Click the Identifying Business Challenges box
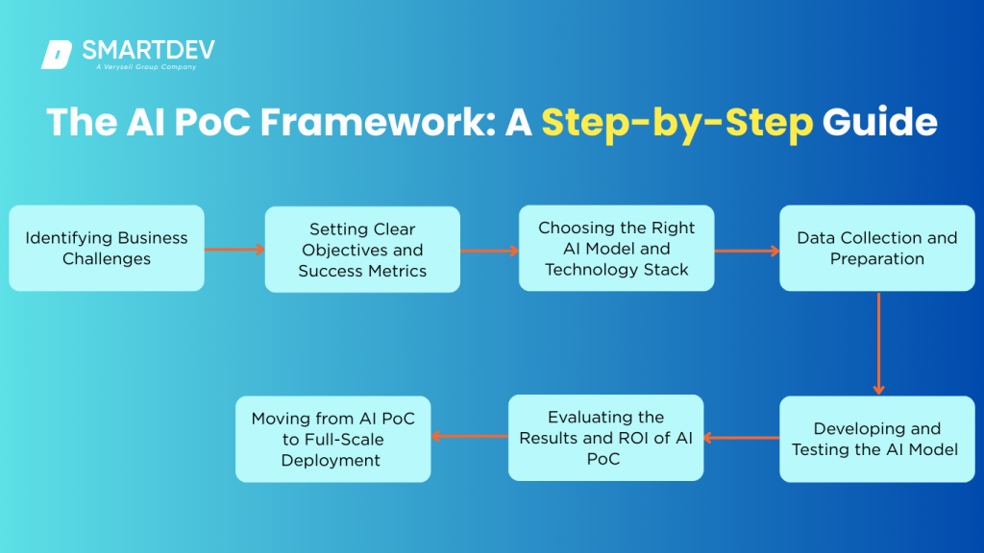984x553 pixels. pyautogui.click(x=107, y=248)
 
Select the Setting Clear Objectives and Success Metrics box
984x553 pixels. pyautogui.click(x=362, y=250)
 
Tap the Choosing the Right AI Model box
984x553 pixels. pyautogui.click(x=617, y=248)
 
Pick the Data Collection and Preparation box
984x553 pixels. pyautogui.click(x=876, y=248)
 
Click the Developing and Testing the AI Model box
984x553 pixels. pyautogui.click(x=876, y=439)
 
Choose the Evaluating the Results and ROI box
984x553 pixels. pyautogui.click(x=605, y=438)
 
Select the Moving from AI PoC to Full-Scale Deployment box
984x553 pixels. pyautogui.click(x=332, y=439)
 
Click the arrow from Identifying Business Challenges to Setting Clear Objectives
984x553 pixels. pyautogui.click(x=234, y=250)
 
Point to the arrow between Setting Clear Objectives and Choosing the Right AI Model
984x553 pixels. pyautogui.click(x=489, y=251)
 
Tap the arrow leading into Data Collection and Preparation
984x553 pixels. pyautogui.click(x=747, y=251)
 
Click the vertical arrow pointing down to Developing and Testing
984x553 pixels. pyautogui.click(x=878, y=343)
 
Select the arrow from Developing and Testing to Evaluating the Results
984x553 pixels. pyautogui.click(x=741, y=438)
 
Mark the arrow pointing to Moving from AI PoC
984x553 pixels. pyautogui.click(x=469, y=436)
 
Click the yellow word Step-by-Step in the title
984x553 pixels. pyautogui.click(x=676, y=123)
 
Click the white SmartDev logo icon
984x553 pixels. pyautogui.click(x=57, y=55)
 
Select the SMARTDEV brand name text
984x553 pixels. pyautogui.click(x=148, y=50)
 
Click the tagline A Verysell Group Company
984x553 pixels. pyautogui.click(x=145, y=67)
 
